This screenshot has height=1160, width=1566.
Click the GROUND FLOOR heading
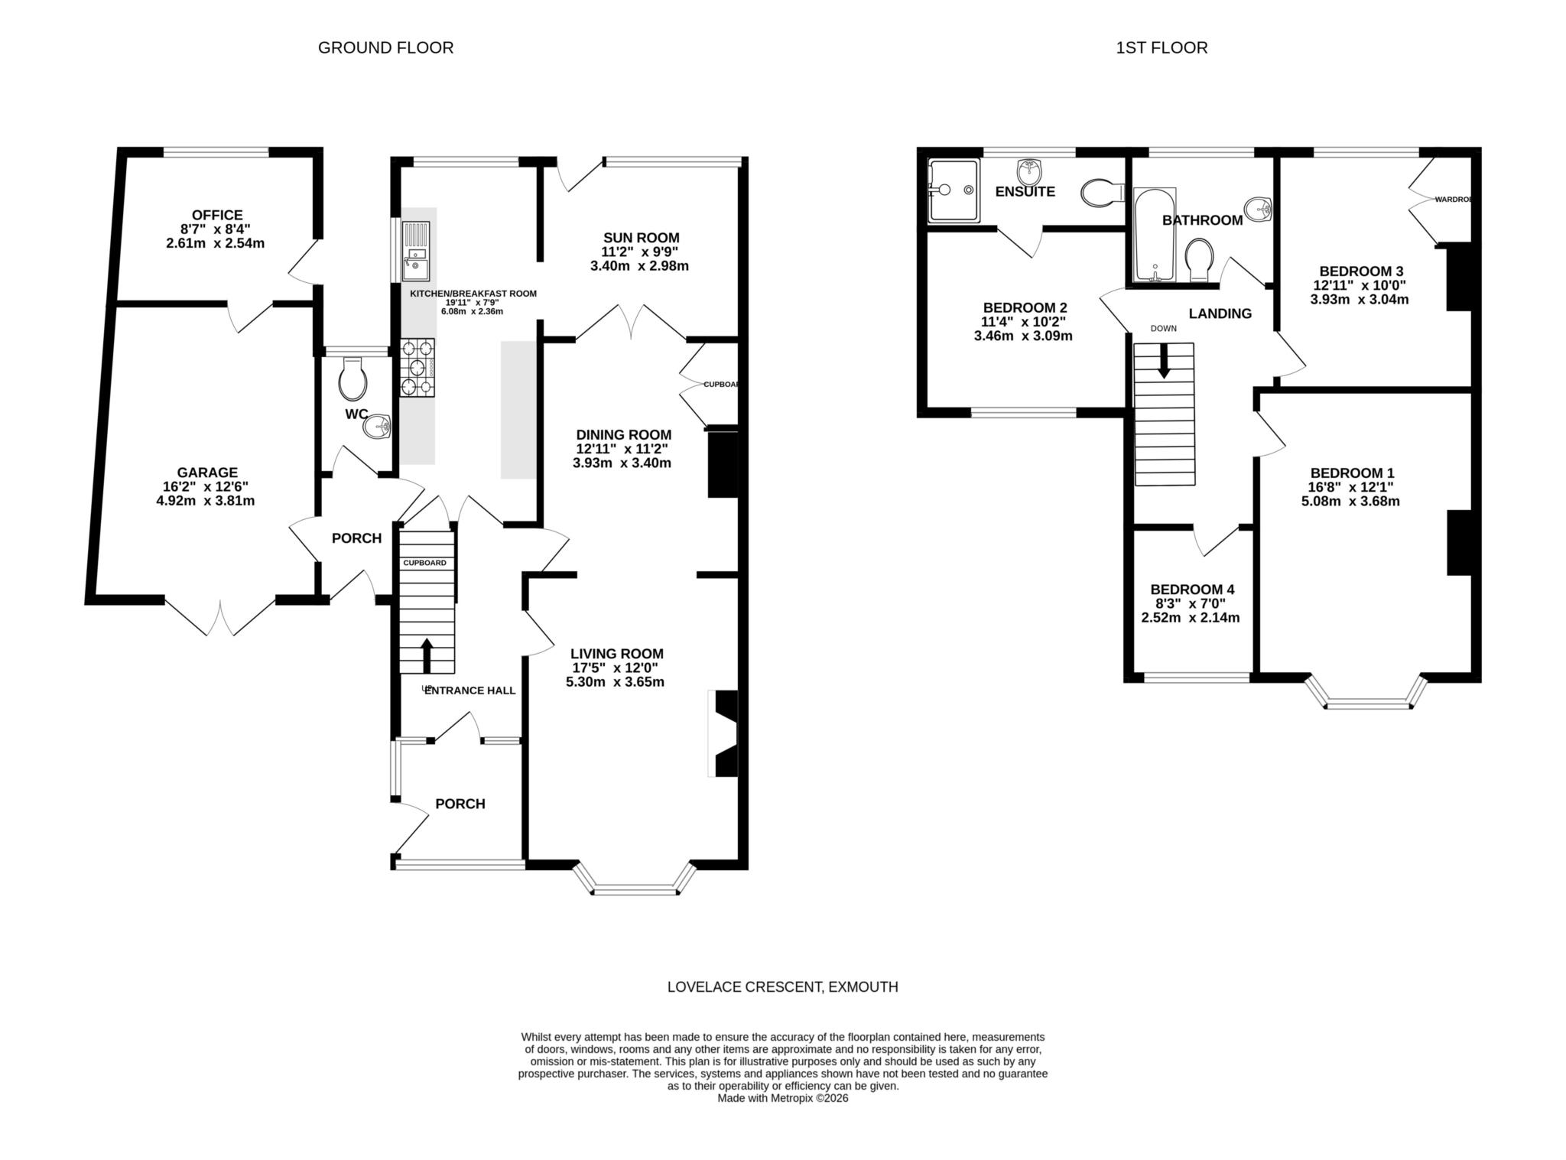click(385, 47)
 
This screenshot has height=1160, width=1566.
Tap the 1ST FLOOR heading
click(1162, 47)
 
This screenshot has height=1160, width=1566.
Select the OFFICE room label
click(217, 216)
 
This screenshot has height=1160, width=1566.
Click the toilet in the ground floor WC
click(353, 379)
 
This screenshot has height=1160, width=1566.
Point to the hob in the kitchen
click(417, 367)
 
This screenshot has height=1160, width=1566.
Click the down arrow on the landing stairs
click(1164, 361)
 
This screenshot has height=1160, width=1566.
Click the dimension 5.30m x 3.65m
click(615, 681)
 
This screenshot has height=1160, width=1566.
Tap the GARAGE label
click(207, 473)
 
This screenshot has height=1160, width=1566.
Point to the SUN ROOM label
click(641, 238)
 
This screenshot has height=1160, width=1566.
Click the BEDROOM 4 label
click(1192, 590)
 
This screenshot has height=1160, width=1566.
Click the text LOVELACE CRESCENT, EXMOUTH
click(782, 986)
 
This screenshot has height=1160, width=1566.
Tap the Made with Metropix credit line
click(782, 1098)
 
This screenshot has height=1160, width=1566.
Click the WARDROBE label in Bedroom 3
click(1452, 200)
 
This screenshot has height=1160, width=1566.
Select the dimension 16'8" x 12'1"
click(1350, 487)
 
